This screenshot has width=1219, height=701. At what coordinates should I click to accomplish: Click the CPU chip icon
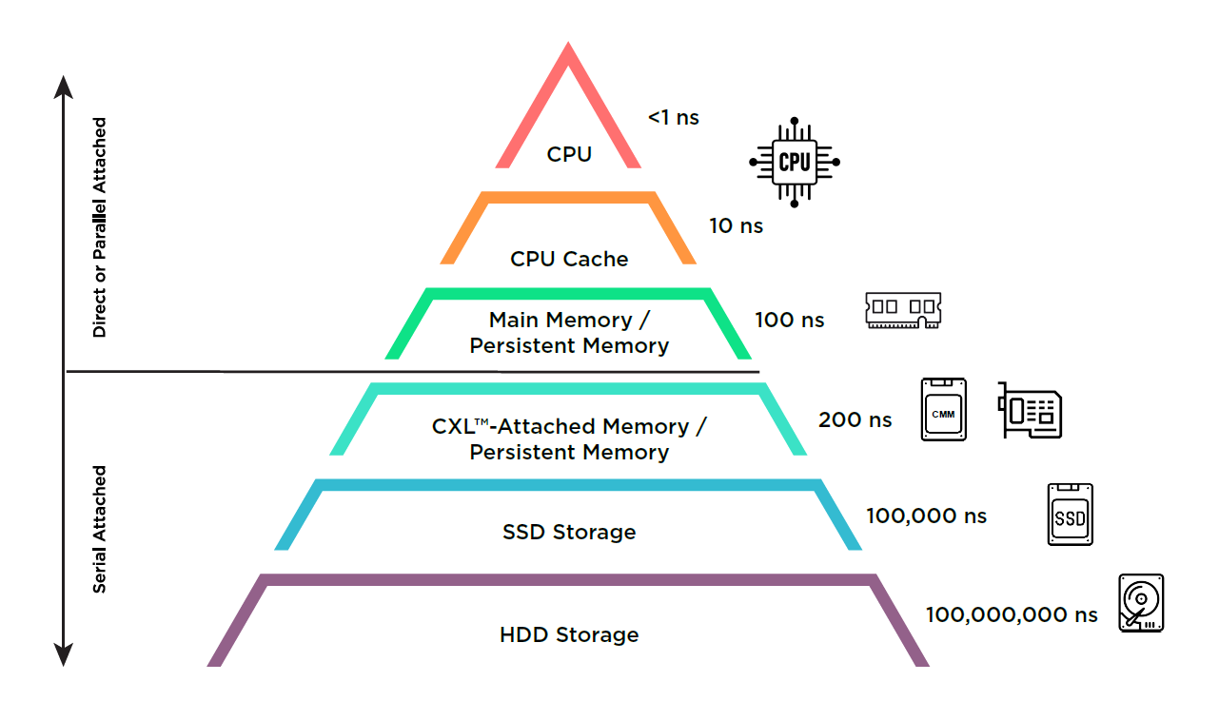[x=794, y=162]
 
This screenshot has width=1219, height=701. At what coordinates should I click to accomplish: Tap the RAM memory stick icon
[x=903, y=310]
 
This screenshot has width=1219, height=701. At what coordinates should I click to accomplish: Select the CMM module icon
[x=944, y=410]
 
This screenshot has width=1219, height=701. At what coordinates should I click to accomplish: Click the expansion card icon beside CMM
[x=1030, y=410]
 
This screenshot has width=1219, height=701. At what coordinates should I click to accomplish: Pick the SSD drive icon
[x=1070, y=515]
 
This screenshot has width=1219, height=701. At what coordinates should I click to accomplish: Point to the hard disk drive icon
[x=1141, y=603]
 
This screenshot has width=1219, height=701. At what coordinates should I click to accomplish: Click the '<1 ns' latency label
[x=673, y=118]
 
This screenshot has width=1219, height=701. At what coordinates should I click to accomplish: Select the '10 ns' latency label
[x=736, y=225]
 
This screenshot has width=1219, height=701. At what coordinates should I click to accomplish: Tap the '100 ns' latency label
[x=789, y=320]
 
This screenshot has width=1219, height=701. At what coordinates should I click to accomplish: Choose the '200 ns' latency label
[x=855, y=419]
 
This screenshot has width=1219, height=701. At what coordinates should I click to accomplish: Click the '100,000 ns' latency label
[x=926, y=516]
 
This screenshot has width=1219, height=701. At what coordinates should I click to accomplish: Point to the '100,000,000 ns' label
[x=1012, y=615]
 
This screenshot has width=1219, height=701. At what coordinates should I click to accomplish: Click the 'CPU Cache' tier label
[x=569, y=259]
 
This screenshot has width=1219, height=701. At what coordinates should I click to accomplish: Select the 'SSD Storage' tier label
[x=569, y=532]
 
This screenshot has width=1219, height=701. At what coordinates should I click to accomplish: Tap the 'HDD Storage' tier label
[x=569, y=634]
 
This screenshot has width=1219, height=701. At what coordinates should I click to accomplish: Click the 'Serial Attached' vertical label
[x=99, y=529]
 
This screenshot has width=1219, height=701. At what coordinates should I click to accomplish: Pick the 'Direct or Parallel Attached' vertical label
[x=99, y=227]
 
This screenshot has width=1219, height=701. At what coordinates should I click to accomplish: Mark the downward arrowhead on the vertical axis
[x=63, y=654]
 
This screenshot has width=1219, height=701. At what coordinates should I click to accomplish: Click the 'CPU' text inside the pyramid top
[x=569, y=154]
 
